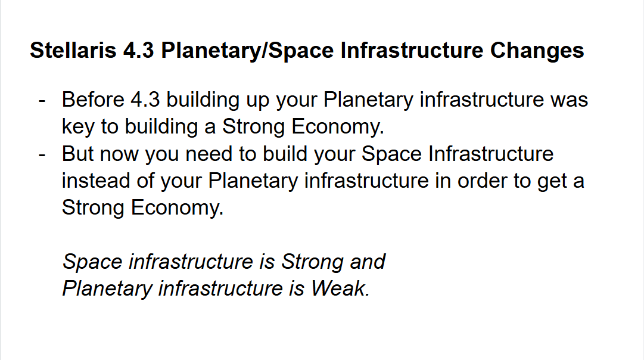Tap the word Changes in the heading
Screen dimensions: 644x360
coord(537,51)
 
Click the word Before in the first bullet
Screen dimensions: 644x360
coord(93,100)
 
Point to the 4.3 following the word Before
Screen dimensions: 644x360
coord(145,100)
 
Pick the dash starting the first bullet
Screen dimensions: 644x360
coord(42,101)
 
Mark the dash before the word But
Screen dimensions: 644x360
coord(42,155)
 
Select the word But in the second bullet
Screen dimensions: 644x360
coord(77,154)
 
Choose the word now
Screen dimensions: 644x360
coord(119,154)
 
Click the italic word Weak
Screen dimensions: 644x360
coord(341,288)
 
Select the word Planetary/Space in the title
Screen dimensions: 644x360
coord(247,51)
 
